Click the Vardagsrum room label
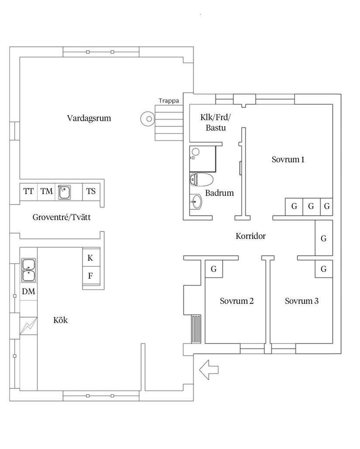point(89,118)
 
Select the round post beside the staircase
point(147,118)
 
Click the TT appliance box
point(29,191)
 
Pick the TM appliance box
point(47,191)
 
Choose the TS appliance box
point(91,191)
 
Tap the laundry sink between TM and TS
point(65,191)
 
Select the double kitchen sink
point(29,270)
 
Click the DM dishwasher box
point(29,292)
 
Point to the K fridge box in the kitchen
point(91,258)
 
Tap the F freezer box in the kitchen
point(91,276)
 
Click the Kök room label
point(61,320)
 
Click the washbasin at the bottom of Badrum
point(197,202)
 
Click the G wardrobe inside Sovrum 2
point(214,269)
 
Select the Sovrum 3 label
point(302,301)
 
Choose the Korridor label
point(250,236)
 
